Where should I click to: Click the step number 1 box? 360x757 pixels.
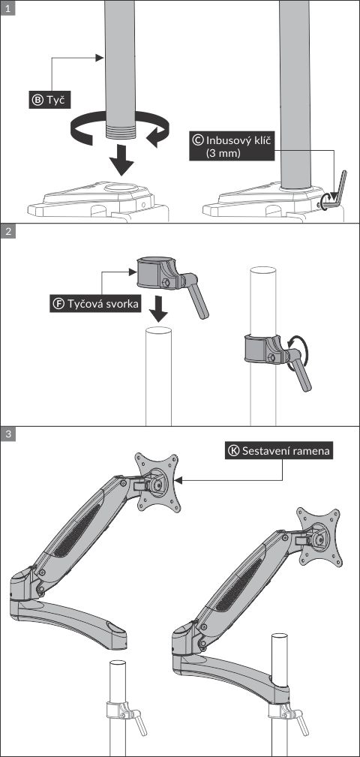(x=7, y=8)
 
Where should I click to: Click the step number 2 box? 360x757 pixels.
(x=7, y=231)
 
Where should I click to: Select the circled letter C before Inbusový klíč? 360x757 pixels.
(x=197, y=139)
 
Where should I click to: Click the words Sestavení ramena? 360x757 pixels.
(x=287, y=451)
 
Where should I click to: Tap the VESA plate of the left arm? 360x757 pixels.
(x=157, y=482)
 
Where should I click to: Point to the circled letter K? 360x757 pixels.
(x=233, y=451)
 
